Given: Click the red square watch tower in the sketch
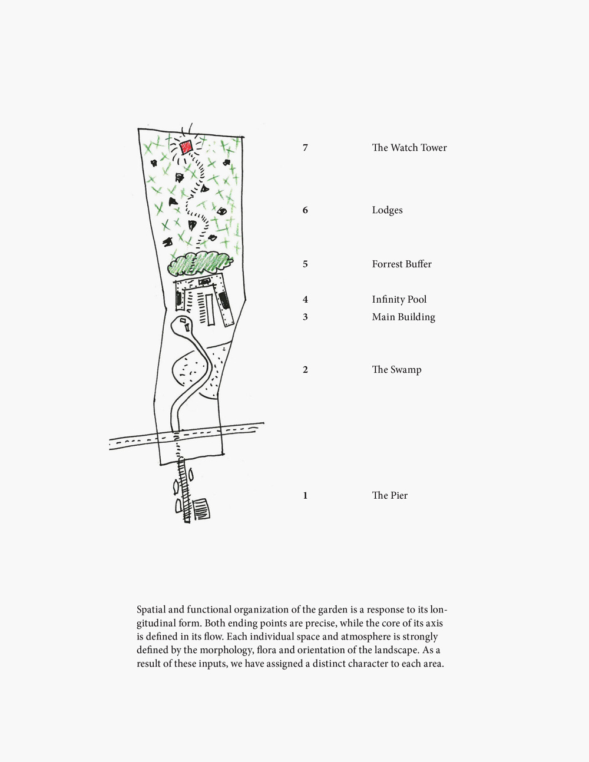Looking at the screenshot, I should pos(186,147).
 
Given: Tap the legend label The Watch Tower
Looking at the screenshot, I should pos(409,148).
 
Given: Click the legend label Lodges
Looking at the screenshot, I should pos(387,210).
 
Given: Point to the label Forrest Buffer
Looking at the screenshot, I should pos(402,264).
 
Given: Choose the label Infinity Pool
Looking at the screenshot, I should pos(399,300).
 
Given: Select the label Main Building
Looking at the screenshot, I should pos(403,317).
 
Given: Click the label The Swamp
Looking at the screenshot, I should pos(396,370).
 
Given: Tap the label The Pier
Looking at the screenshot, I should pos(389,496).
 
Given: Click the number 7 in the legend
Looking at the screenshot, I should pos(305,148).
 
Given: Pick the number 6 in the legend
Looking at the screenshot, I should pos(305,210).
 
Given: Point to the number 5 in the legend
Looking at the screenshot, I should pos(305,264).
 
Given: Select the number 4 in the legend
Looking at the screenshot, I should pos(305,300).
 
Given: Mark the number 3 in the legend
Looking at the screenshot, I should pos(305,317).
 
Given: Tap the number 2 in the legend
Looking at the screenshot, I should pos(305,370).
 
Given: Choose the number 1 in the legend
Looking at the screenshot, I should pos(305,496).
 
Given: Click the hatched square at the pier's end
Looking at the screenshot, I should pos(201,509).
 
